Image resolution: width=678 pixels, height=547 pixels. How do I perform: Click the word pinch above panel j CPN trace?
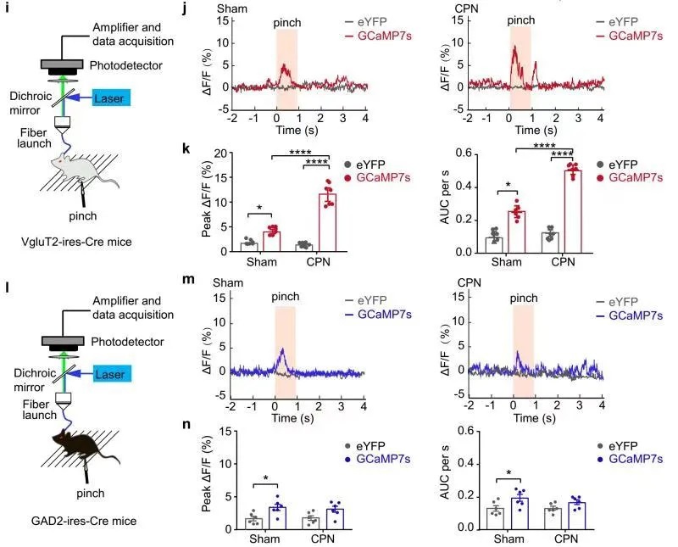click(521, 19)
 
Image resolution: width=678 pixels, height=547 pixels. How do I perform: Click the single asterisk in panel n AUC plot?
click(507, 472)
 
